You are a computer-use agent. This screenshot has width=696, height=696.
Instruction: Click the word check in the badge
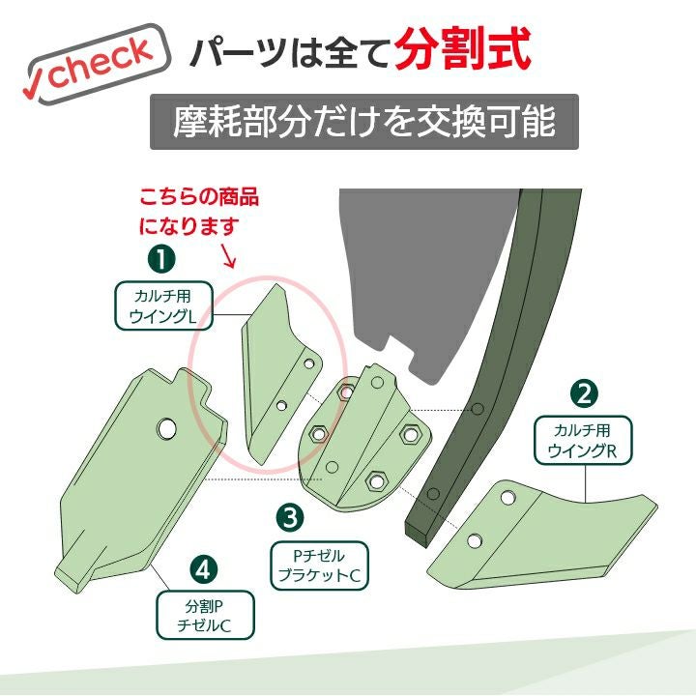(x=101, y=62)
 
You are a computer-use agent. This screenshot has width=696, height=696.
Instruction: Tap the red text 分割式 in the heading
(x=463, y=49)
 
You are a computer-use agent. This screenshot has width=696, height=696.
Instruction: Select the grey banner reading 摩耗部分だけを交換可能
(x=364, y=122)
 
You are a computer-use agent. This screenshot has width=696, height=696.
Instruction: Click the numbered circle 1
(x=161, y=260)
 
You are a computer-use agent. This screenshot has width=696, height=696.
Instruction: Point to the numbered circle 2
(x=584, y=393)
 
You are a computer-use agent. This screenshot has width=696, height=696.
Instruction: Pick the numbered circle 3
(x=290, y=517)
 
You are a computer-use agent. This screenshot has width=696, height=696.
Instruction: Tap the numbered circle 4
(x=203, y=570)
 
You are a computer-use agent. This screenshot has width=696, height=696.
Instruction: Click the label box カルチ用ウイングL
(x=163, y=305)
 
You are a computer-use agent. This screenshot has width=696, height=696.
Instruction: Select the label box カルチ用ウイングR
(x=582, y=441)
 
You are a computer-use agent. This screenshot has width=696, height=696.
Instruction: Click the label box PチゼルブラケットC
(x=319, y=565)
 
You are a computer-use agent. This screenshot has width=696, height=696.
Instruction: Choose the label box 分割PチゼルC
(x=205, y=615)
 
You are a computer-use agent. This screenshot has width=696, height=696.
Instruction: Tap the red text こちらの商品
(x=199, y=197)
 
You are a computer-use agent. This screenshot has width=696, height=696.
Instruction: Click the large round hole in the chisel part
(x=166, y=429)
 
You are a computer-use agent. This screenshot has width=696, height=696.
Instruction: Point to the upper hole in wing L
(x=309, y=364)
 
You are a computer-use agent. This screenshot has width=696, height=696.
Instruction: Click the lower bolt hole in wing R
(x=474, y=540)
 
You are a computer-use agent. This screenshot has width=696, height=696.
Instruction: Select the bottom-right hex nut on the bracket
(x=376, y=480)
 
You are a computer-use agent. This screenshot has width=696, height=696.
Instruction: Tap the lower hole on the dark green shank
(x=433, y=494)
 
